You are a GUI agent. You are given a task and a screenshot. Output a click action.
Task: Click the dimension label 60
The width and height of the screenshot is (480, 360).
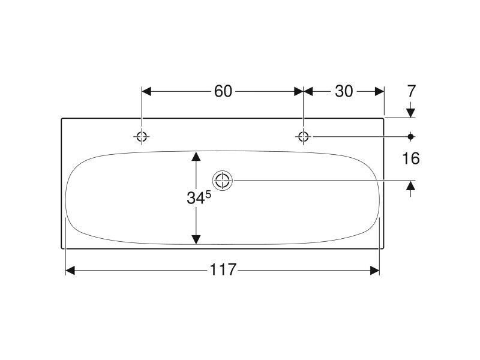[x=223, y=91]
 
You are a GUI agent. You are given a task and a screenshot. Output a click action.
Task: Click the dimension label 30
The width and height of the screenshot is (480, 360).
[x=344, y=91]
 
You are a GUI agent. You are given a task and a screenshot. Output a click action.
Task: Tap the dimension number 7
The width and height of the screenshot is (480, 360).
[x=411, y=91]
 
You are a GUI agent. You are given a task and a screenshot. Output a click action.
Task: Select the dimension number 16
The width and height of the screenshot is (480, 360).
[x=411, y=158]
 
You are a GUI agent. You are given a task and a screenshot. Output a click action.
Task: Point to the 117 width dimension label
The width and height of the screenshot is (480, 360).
[x=223, y=269]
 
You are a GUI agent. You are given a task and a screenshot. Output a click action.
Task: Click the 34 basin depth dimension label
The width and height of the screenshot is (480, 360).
[x=196, y=198]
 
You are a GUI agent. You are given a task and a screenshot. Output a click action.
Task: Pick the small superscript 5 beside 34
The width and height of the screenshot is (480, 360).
[x=208, y=194]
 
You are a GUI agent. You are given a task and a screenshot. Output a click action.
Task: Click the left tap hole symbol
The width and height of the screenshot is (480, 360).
[x=142, y=136]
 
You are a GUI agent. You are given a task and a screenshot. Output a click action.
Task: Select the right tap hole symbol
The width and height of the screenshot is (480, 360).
[x=304, y=136]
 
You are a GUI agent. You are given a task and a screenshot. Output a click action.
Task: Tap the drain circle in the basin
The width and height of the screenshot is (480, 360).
[x=222, y=181]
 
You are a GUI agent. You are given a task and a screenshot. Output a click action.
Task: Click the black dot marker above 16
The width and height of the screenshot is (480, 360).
[x=411, y=136]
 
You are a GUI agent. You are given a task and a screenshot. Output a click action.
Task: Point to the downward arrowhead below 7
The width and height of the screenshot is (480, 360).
[x=411, y=113]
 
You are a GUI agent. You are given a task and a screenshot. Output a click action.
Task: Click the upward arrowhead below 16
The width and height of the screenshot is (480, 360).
[x=411, y=185]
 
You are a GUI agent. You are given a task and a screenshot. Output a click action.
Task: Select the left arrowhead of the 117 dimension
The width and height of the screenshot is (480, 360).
[x=70, y=271]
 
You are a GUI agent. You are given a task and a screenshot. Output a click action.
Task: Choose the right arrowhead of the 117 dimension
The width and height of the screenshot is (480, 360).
[x=374, y=271]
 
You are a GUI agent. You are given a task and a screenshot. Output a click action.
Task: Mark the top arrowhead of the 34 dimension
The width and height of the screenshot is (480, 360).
[x=196, y=156]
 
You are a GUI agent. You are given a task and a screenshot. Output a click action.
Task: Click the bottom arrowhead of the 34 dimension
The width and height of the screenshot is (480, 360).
[x=196, y=239]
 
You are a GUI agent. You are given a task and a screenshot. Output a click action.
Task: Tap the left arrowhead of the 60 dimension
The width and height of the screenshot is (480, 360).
[x=146, y=91]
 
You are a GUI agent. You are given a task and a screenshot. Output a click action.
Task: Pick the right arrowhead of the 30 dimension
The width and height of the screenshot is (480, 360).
[x=380, y=91]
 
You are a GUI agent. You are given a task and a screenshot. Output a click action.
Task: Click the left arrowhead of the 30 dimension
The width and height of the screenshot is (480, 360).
[x=308, y=91]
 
